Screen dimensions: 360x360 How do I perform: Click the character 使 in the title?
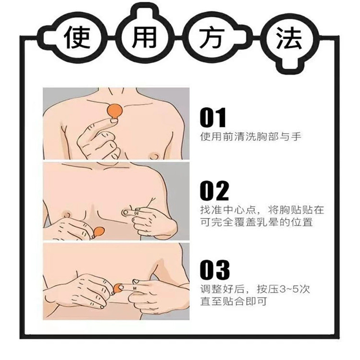pyautogui.click(x=78, y=38)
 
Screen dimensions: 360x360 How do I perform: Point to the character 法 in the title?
pyautogui.click(x=288, y=38)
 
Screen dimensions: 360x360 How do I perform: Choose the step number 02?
pyautogui.click(x=214, y=191)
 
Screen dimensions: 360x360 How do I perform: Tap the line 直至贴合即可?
pyautogui.click(x=234, y=301)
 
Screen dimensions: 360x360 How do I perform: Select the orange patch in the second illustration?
pyautogui.click(x=99, y=232)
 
